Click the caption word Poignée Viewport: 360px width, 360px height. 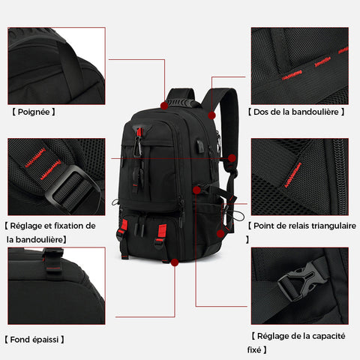pyautogui.click(x=34, y=112)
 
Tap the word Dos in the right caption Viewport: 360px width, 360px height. pyautogui.click(x=261, y=112)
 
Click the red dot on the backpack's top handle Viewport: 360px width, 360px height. pyautogui.click(x=164, y=106)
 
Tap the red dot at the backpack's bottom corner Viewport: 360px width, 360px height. pyautogui.click(x=175, y=262)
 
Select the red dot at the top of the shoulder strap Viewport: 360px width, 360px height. pyautogui.click(x=211, y=115)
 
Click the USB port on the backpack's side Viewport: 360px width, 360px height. pyautogui.click(x=200, y=146)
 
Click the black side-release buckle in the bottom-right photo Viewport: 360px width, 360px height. pyautogui.click(x=302, y=280)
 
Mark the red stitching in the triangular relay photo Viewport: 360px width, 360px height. pyautogui.click(x=293, y=175)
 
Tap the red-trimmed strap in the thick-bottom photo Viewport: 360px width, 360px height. pyautogui.click(x=53, y=260)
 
